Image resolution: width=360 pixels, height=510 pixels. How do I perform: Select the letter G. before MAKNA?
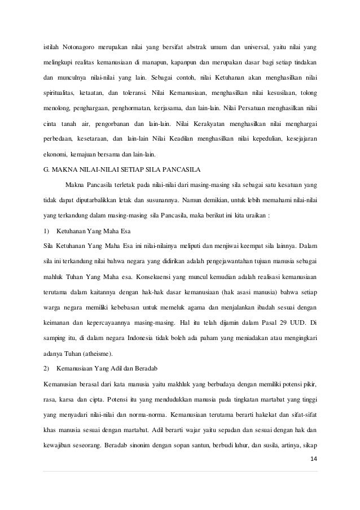click(x=47, y=168)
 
